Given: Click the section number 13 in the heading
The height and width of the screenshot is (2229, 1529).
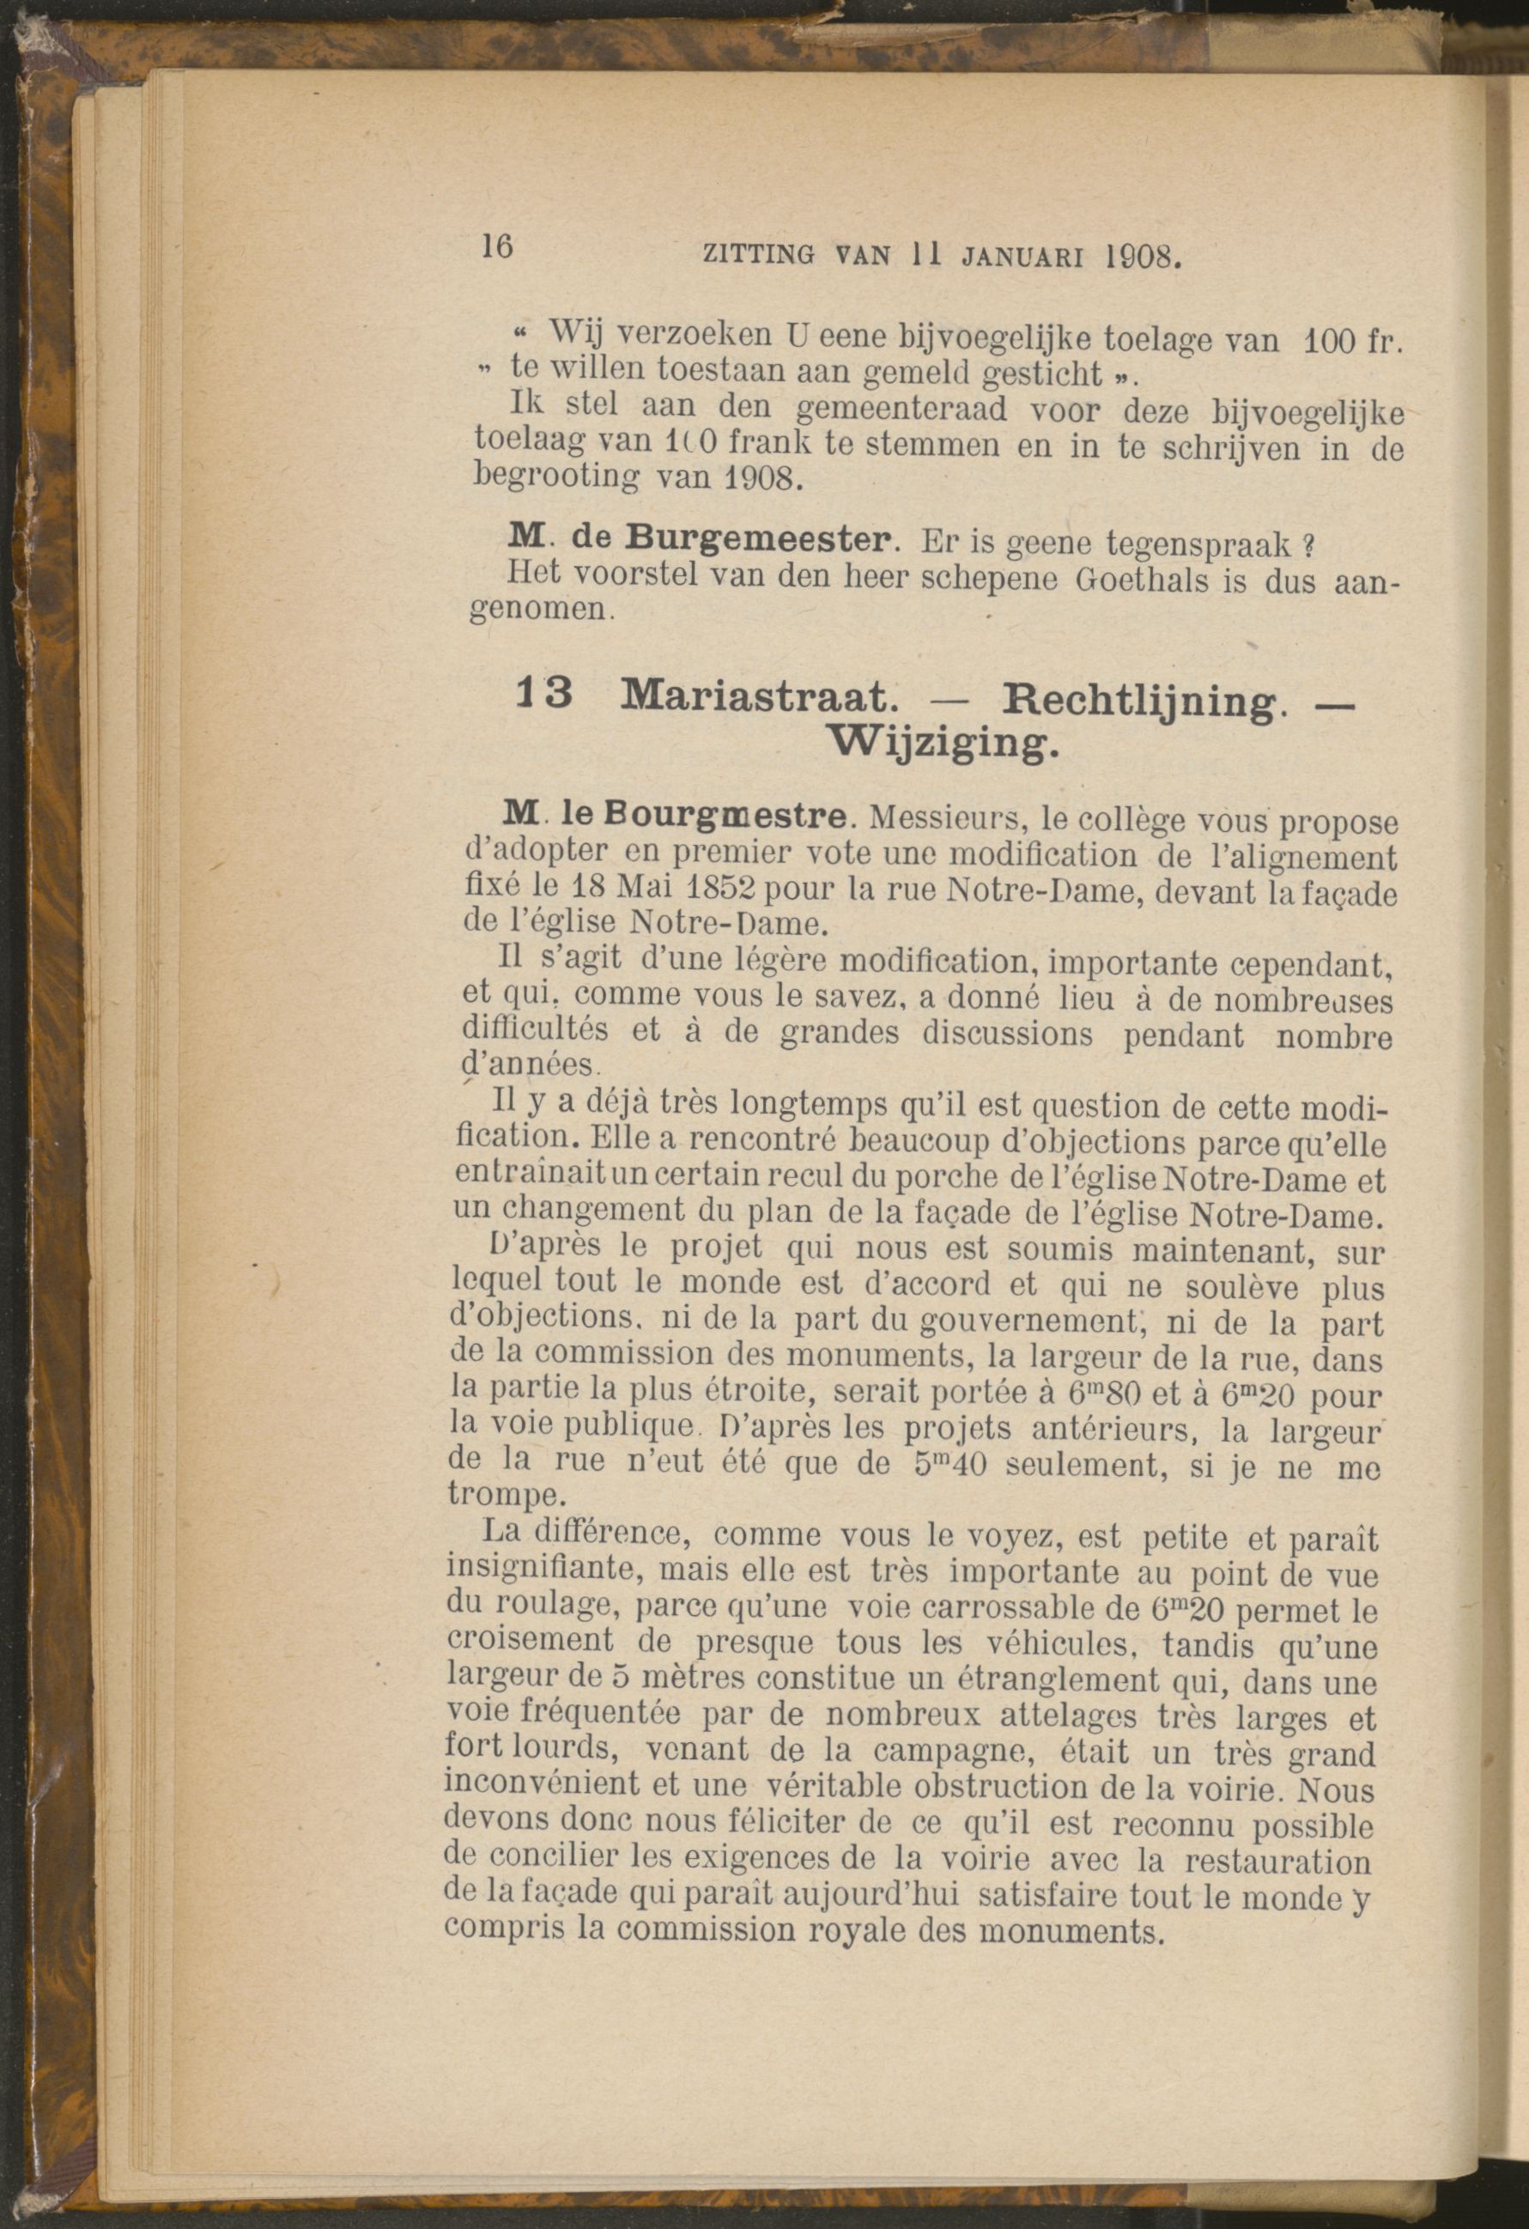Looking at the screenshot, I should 544,694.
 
